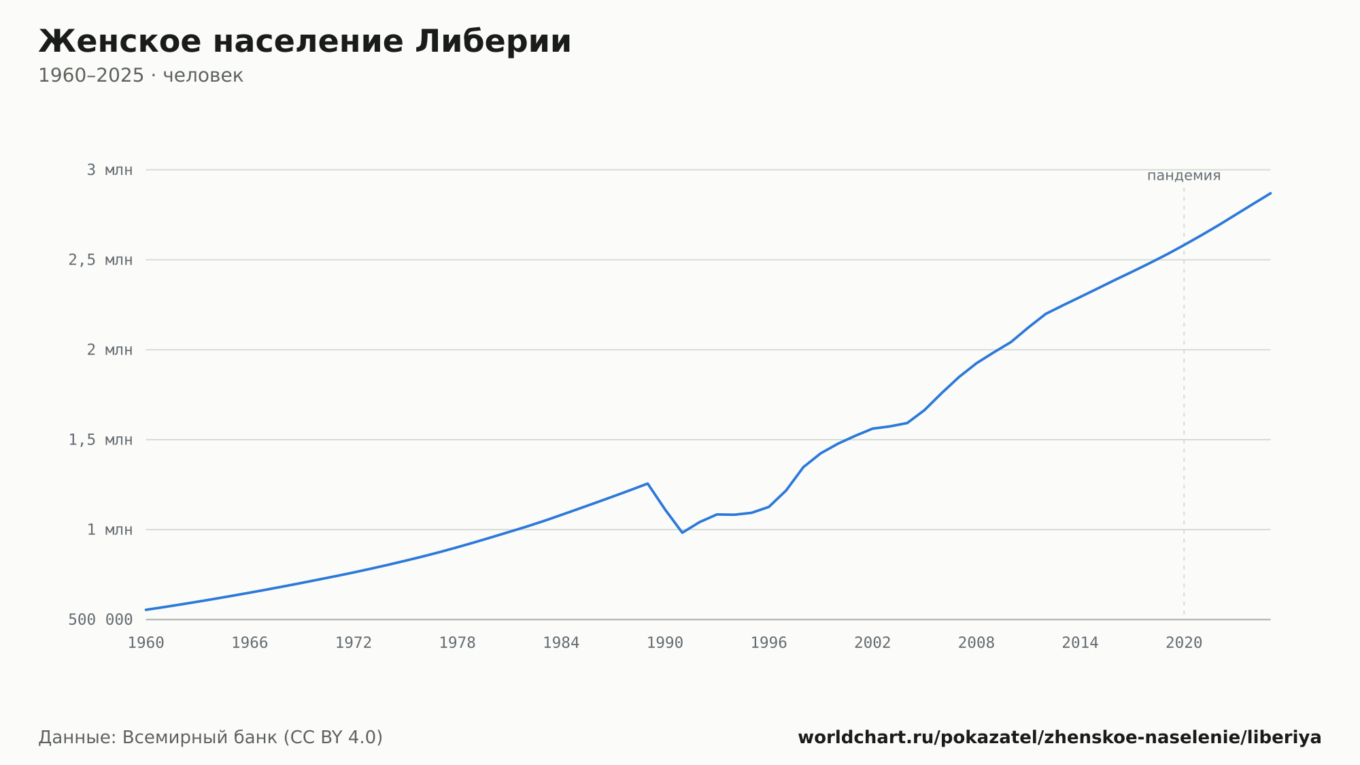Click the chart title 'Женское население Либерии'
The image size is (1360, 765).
coord(305,42)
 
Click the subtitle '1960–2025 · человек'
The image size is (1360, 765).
coord(141,76)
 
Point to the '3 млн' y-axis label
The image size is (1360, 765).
coord(109,170)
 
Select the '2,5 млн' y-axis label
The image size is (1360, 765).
coord(101,260)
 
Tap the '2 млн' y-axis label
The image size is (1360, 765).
coord(109,350)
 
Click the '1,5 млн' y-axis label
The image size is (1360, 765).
coord(101,440)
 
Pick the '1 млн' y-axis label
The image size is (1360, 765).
coord(109,530)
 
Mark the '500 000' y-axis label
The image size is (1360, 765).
coord(101,619)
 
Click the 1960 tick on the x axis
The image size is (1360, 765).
coord(146,643)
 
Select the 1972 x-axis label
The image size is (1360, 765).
coord(354,643)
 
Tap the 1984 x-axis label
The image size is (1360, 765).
coord(561,643)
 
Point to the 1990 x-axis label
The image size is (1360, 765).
coord(665,643)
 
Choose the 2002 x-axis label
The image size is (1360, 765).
coord(872,643)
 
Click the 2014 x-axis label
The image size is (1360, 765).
coord(1080,643)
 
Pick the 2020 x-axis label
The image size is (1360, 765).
coord(1184,643)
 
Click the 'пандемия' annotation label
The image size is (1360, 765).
coord(1184,176)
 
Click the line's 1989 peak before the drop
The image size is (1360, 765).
coord(647,483)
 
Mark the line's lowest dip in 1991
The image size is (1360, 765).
coord(682,532)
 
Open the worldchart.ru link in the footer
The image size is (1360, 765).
coord(1059,737)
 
